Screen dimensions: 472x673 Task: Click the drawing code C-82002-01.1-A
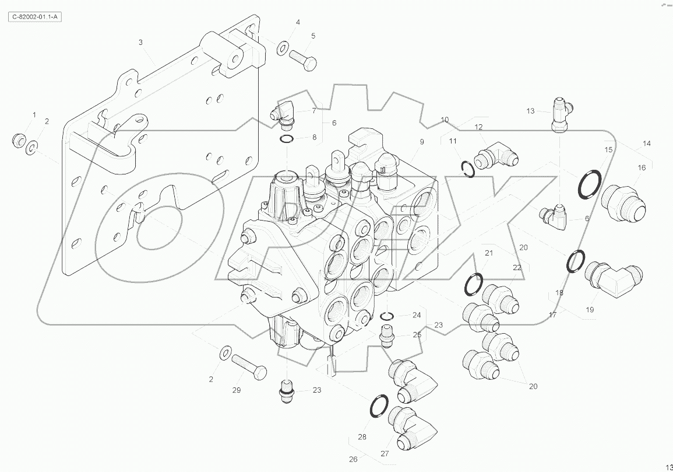(36, 17)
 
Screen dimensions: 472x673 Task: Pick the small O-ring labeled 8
(287, 138)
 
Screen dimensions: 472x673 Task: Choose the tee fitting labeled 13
(559, 114)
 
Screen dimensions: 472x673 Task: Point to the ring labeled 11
(466, 168)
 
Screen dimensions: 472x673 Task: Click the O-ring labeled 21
(474, 284)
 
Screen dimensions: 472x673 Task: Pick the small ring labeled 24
(386, 316)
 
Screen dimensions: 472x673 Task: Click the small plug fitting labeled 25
(385, 335)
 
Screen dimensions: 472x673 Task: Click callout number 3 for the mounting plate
(140, 43)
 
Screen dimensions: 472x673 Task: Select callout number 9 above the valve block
(421, 142)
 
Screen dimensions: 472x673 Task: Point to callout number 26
(353, 459)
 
